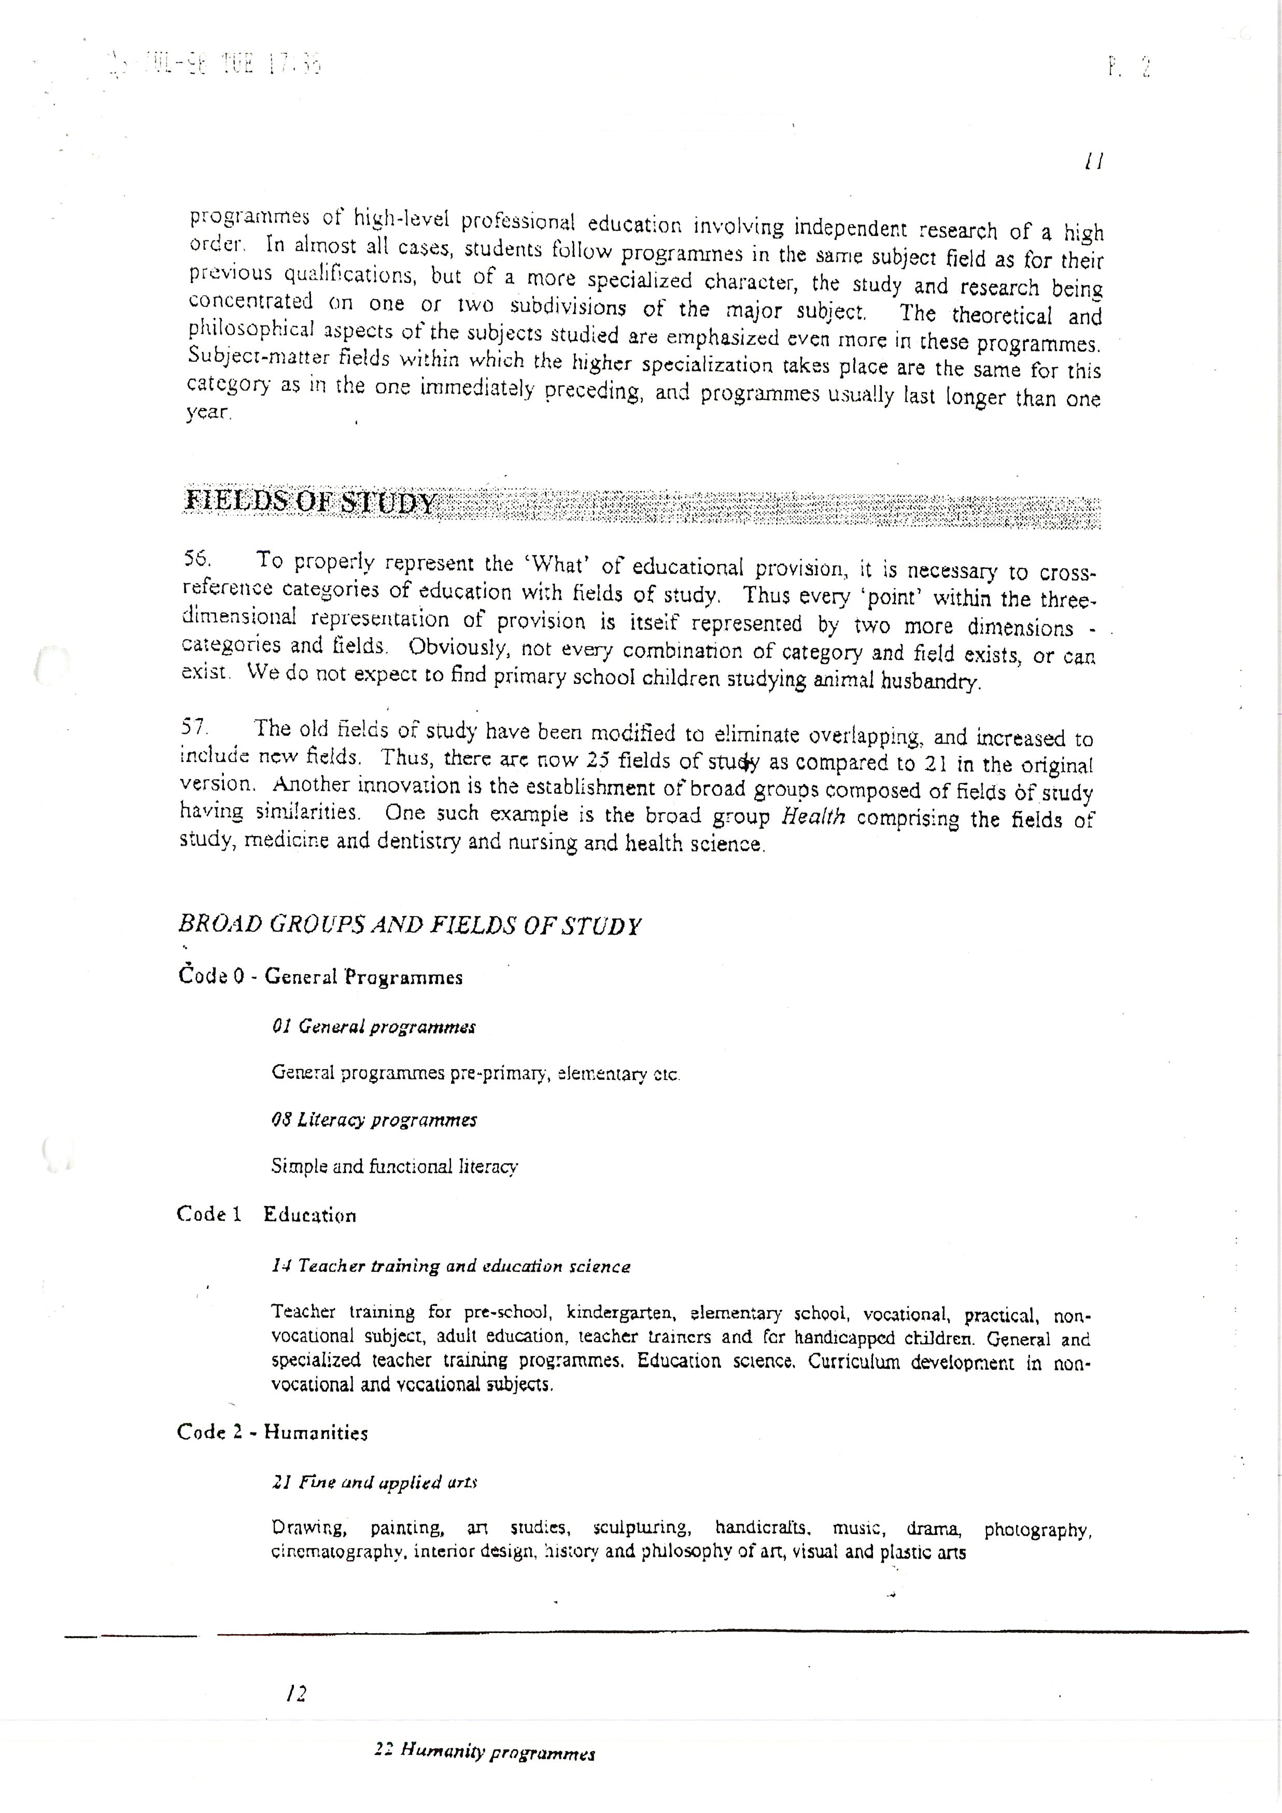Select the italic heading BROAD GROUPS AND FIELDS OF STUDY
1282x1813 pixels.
tap(409, 925)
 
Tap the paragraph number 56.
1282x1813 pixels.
tap(196, 558)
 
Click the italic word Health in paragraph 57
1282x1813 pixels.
tap(813, 817)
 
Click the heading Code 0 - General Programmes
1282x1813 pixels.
tap(320, 977)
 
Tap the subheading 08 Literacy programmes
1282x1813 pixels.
tap(374, 1120)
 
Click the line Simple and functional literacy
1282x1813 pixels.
tap(395, 1166)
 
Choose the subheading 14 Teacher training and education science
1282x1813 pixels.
tap(451, 1267)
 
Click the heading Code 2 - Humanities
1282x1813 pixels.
tap(272, 1432)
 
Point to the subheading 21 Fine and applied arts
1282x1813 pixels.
tap(374, 1482)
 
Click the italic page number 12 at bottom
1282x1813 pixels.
tap(297, 1693)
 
